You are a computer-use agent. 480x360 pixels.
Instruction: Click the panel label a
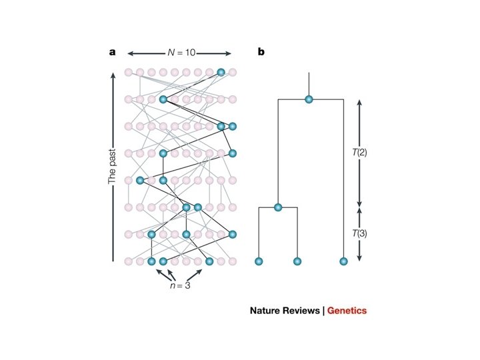113,51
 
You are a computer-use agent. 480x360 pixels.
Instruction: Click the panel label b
261,51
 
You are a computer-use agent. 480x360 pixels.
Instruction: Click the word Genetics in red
347,311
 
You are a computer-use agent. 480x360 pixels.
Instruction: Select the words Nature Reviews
285,311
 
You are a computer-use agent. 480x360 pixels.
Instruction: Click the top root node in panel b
309,99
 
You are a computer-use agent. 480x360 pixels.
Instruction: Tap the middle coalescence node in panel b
279,207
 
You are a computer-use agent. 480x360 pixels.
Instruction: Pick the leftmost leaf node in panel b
259,261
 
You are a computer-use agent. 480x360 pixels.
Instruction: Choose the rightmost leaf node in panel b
343,261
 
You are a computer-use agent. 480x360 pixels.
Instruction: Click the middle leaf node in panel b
297,261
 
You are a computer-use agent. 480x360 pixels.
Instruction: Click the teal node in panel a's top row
221,72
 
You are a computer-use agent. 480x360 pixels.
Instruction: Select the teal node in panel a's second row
163,99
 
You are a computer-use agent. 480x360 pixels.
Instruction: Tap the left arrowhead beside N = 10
131,52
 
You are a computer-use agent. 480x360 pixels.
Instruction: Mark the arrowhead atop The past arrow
113,75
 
